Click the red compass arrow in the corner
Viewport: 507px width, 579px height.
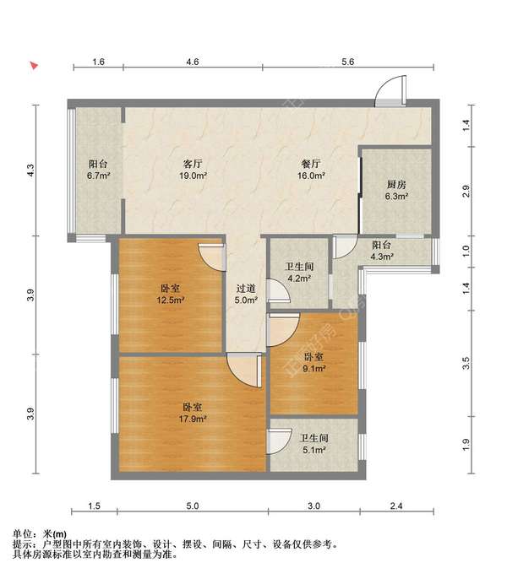[34, 66]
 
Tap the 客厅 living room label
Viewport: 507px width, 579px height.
[193, 164]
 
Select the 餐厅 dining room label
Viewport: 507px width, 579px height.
[311, 164]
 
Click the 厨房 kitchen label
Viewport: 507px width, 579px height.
[396, 184]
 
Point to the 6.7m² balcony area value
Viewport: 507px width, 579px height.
[99, 176]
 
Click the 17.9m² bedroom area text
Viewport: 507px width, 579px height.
[193, 419]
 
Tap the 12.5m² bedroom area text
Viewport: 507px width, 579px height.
[171, 300]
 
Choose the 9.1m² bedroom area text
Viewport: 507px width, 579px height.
[314, 369]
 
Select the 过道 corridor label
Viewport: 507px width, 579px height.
[246, 289]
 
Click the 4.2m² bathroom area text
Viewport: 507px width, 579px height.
[299, 279]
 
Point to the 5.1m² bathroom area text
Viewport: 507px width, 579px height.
[314, 450]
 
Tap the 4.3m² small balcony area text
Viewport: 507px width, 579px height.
[382, 257]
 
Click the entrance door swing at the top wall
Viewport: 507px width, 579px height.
[390, 91]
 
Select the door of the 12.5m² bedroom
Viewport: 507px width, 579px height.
[212, 257]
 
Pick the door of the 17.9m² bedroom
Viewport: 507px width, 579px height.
[244, 370]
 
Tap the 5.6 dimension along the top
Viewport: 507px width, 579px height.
[347, 62]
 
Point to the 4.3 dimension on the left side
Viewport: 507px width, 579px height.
[30, 170]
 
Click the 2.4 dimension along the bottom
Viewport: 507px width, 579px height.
[396, 506]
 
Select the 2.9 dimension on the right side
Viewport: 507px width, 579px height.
[466, 191]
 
